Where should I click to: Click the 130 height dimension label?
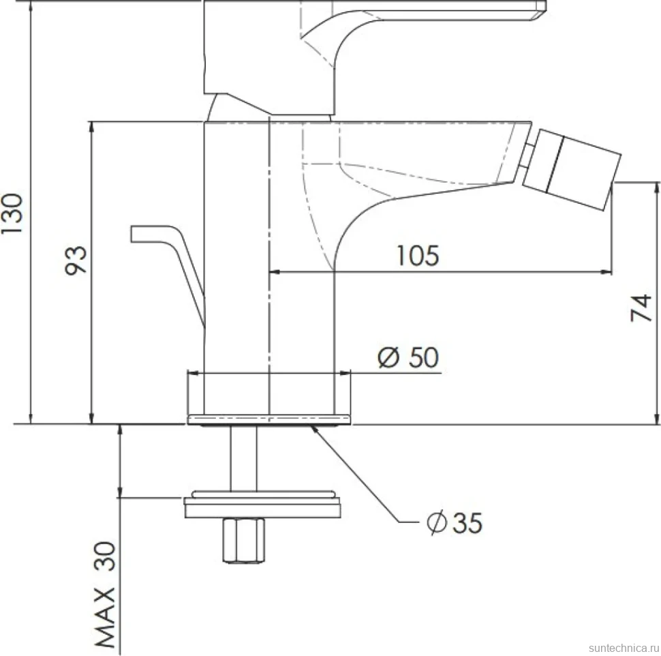click(12, 213)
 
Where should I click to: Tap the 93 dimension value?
click(76, 260)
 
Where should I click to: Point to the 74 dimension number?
click(641, 308)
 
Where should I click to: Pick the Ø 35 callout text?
click(454, 522)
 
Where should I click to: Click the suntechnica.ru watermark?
click(624, 648)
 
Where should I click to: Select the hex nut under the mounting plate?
click(244, 540)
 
